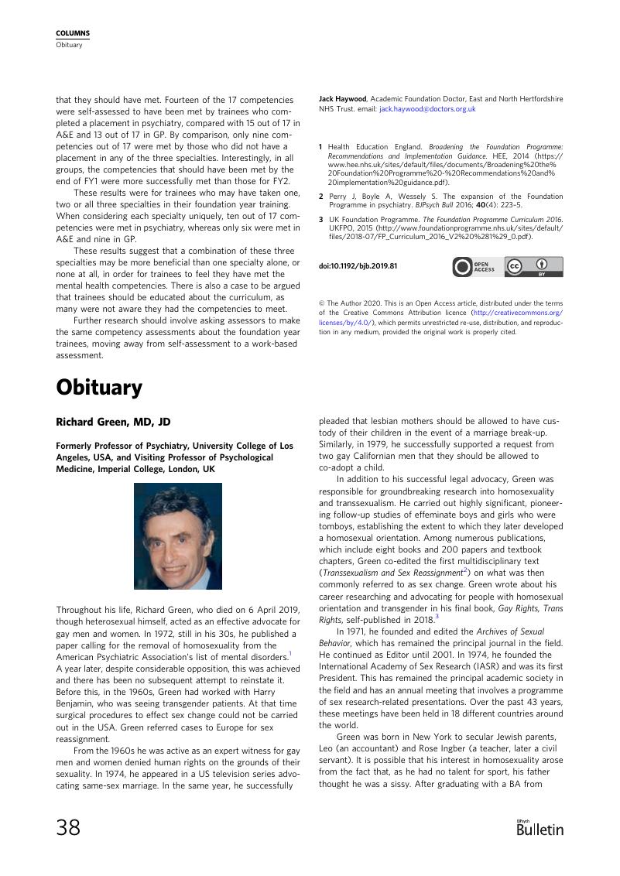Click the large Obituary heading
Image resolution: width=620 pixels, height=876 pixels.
(x=99, y=387)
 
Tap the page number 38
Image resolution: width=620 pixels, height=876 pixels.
(x=68, y=827)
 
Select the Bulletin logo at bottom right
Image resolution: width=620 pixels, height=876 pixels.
(x=540, y=828)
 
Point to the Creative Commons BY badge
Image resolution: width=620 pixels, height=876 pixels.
(x=534, y=267)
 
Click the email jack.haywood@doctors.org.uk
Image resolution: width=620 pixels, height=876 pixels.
(x=427, y=110)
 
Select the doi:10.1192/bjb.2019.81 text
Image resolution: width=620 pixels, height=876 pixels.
(x=358, y=266)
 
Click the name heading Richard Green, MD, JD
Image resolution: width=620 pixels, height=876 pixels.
(x=113, y=422)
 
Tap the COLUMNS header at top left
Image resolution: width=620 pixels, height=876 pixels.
(x=73, y=33)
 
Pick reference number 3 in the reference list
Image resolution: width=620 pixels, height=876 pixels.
(x=321, y=220)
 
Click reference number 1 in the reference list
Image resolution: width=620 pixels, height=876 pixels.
(x=321, y=146)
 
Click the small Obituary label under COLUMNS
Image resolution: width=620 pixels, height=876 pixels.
(x=68, y=44)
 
